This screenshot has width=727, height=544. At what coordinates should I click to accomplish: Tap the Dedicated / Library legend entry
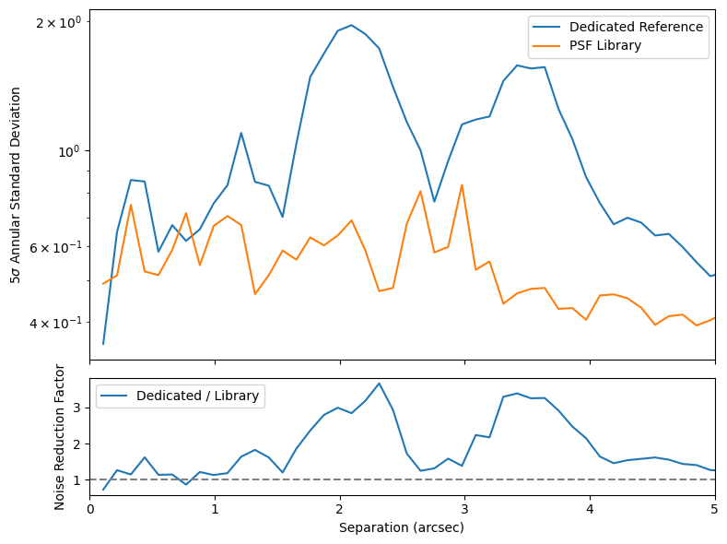[x=198, y=396]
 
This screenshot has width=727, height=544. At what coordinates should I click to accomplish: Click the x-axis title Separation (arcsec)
[x=402, y=528]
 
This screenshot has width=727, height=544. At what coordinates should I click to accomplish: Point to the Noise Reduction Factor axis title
[x=60, y=436]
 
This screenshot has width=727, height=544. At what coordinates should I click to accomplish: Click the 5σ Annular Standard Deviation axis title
[x=16, y=185]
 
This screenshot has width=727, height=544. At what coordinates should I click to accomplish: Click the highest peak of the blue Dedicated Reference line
[x=351, y=25]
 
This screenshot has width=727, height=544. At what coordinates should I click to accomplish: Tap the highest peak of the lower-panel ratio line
[x=379, y=383]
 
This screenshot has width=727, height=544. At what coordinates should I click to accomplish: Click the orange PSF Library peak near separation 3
[x=462, y=184]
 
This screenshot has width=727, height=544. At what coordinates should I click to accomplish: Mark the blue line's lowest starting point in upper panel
[x=103, y=344]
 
